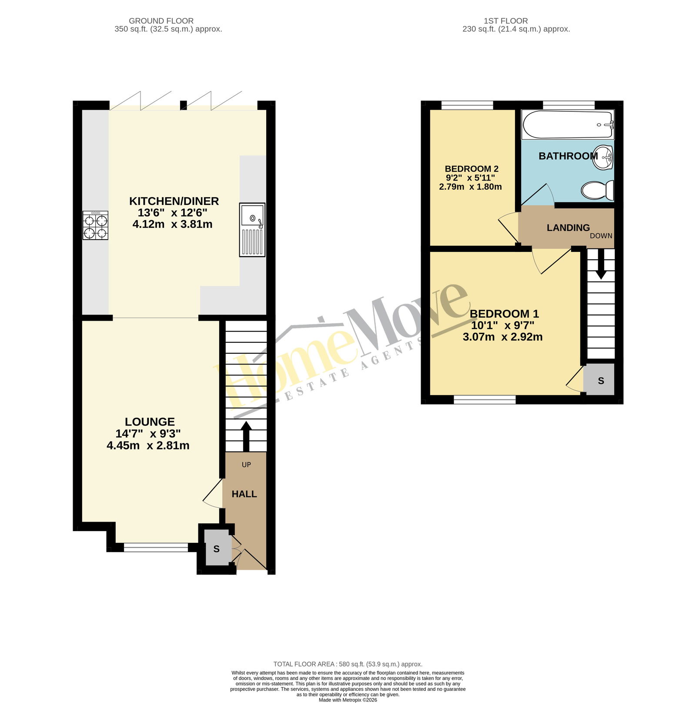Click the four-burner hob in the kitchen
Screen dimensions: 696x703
click(95, 225)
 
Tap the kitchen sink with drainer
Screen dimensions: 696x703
click(252, 229)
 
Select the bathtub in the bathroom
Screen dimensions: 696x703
click(568, 125)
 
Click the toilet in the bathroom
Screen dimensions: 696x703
click(598, 191)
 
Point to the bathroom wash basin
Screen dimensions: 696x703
click(605, 157)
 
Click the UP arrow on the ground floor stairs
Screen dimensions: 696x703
click(246, 436)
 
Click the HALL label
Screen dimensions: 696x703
click(244, 494)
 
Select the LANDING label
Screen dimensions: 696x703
click(568, 228)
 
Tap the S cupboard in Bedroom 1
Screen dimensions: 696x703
click(600, 380)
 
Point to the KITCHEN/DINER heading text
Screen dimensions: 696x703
click(174, 201)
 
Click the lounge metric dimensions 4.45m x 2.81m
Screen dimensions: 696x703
click(148, 445)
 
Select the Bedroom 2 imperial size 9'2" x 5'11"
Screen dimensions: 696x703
click(470, 178)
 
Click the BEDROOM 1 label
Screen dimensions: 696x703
click(504, 314)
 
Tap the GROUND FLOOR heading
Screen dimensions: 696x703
click(161, 21)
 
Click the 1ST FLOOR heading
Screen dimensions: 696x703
click(506, 21)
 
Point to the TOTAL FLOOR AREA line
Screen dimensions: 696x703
click(348, 664)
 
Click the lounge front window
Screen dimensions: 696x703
click(156, 548)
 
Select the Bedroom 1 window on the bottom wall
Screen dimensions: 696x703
click(485, 399)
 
